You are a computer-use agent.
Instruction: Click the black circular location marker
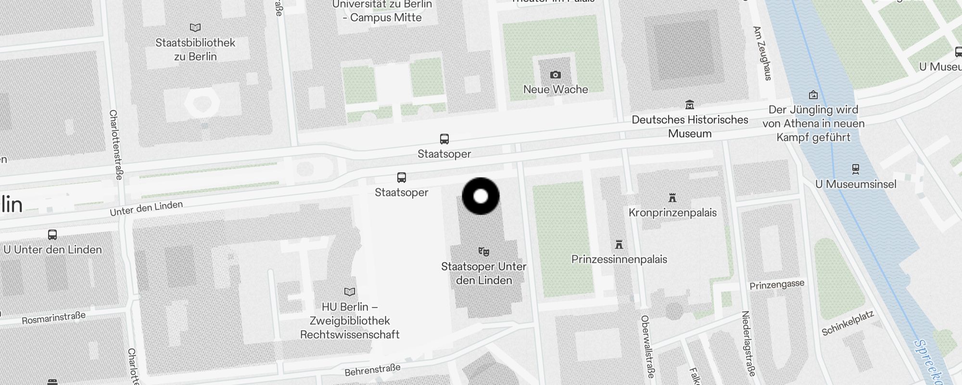tap(481, 196)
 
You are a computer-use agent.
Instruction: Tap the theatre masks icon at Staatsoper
tap(483, 251)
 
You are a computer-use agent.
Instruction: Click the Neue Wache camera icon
tap(556, 75)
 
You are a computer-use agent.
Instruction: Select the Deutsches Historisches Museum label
tap(690, 127)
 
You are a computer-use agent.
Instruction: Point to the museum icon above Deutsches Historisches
tap(690, 104)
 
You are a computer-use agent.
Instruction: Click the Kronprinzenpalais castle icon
tap(672, 197)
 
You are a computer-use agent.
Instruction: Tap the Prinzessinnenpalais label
tap(619, 259)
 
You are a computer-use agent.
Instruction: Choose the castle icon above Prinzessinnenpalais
tap(619, 244)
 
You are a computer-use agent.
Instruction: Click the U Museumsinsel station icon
tap(855, 169)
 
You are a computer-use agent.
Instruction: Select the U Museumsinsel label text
tap(856, 184)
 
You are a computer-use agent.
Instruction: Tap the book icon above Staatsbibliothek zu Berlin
tap(195, 27)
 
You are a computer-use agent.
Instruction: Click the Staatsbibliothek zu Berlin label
tap(195, 50)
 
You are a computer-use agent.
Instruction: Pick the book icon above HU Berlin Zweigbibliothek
tap(350, 292)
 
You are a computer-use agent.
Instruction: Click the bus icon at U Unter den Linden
tap(52, 235)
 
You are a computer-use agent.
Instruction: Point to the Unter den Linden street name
tap(146, 208)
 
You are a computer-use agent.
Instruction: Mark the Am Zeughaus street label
tap(762, 53)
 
